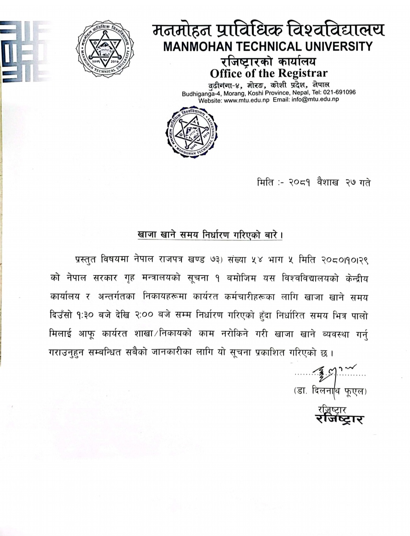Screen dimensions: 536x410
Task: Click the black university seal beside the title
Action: tap(105, 49)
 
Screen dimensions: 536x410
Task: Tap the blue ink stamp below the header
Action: tap(192, 132)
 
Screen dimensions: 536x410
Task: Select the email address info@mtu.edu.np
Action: tap(315, 100)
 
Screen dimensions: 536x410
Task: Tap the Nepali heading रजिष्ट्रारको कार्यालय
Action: tap(268, 61)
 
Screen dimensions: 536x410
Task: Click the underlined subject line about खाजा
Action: tap(210, 235)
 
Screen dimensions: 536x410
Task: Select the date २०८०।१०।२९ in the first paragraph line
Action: tap(345, 260)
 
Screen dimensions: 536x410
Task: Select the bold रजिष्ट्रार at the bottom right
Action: tap(339, 419)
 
